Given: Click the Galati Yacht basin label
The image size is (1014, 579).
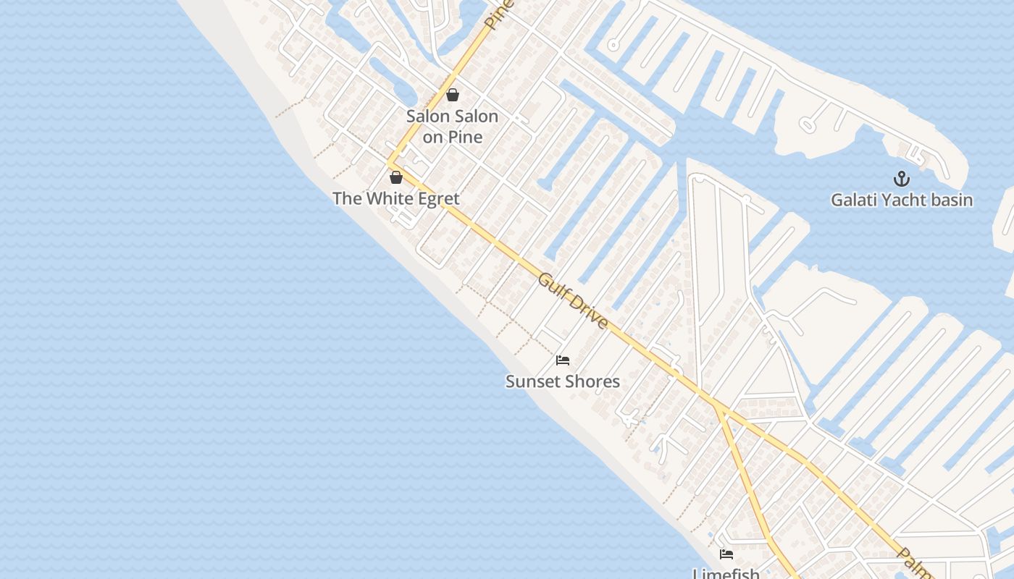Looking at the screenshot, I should tap(901, 200).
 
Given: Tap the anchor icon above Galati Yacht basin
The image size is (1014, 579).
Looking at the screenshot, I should tap(902, 178).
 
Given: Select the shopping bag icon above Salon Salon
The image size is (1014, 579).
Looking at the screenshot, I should tap(453, 95).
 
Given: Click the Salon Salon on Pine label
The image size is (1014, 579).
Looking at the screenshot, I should tap(452, 126).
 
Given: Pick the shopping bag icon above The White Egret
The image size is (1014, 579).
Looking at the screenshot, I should tap(396, 177).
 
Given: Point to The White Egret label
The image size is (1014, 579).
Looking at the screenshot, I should tap(395, 198).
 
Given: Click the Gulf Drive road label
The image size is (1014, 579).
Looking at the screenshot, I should tap(572, 301).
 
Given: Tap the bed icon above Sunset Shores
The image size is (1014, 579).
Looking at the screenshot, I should tap(563, 360).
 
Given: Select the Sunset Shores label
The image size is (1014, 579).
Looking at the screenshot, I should tap(563, 381).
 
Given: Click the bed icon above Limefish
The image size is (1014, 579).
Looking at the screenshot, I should tap(726, 555).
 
